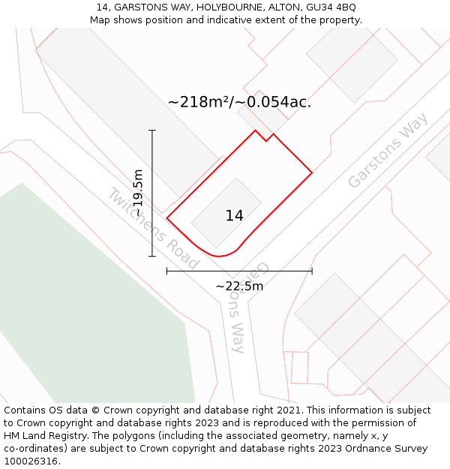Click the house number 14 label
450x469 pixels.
[234, 216]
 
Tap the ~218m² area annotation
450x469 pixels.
[239, 102]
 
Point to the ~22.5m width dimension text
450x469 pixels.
[239, 286]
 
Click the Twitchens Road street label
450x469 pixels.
[153, 228]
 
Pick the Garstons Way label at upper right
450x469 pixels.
[388, 150]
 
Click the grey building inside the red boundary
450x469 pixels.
[226, 213]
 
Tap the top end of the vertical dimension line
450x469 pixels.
[152, 131]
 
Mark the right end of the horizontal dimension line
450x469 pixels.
[312, 271]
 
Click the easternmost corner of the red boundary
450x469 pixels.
[312, 173]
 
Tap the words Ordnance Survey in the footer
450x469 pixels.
[388, 449]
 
